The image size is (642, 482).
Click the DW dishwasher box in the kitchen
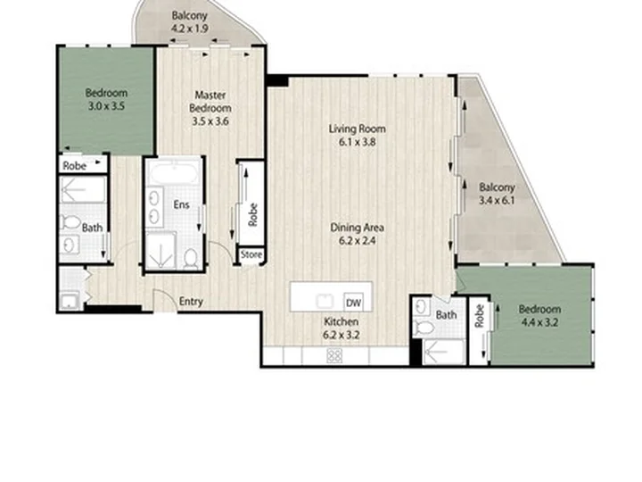[x=353, y=303]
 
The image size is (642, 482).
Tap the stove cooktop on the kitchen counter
[x=334, y=355]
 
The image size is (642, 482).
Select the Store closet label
[x=251, y=254]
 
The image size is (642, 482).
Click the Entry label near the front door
[x=191, y=302]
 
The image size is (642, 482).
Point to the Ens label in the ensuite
[x=181, y=204]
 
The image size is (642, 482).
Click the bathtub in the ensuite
[x=175, y=173]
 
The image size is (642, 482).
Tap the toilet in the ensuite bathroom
[x=191, y=258]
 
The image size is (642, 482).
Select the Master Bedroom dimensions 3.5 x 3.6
[x=210, y=121]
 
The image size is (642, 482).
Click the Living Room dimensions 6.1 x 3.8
[x=358, y=142]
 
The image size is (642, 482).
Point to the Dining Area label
[x=357, y=228]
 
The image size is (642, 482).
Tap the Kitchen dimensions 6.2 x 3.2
[x=341, y=335]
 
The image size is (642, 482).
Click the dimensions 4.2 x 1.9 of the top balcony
[x=190, y=29]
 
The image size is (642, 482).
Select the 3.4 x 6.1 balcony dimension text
[x=497, y=201]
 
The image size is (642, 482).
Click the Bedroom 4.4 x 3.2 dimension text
[x=539, y=322]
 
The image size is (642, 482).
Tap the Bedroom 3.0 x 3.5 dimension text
[x=106, y=106]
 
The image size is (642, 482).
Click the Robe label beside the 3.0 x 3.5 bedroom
[x=75, y=166]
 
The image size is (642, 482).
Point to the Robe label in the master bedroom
[x=253, y=215]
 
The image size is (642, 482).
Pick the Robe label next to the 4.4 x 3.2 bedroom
[x=480, y=316]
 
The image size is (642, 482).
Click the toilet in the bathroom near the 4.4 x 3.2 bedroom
[x=424, y=327]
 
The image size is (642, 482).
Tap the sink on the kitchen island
[x=325, y=302]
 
